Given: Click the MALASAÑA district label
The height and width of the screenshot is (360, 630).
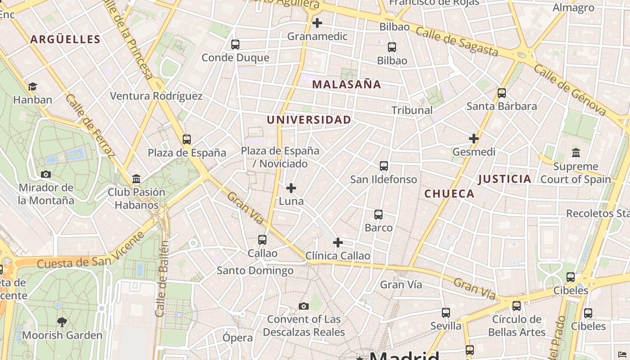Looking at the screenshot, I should coord(346,85).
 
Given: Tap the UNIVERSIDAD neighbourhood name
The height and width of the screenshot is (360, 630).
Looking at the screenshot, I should coord(309,120).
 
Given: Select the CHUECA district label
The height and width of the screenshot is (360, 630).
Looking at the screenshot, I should coord(449,194).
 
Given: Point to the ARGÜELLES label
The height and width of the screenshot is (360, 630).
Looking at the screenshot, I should coord(65,40).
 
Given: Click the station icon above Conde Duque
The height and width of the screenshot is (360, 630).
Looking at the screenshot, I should coord(235,45).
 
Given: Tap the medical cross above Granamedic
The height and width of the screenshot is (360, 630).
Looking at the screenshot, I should coord(317,22).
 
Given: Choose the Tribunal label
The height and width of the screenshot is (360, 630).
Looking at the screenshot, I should coord(412,110).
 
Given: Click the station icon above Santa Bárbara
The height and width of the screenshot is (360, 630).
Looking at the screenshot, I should coord(502,93).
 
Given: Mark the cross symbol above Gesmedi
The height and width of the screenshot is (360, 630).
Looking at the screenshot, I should coord(474,139).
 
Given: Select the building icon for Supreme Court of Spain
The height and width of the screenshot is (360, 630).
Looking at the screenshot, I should coord(576,153).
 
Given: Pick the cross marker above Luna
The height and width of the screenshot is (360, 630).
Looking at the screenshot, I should coord(291,188).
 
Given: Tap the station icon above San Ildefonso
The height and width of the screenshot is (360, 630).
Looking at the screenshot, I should coord(384,166).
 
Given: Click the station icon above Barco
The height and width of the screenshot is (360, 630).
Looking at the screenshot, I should coord(378,215).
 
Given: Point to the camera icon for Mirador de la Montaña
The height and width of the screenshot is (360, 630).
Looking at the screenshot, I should coord(46,174).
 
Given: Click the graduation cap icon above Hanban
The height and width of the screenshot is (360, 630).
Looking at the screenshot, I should coord(32,86).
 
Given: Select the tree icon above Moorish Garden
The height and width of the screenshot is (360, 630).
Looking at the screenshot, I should coord(62,322).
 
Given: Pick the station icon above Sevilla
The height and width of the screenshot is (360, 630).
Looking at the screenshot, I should coord(446,312).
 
